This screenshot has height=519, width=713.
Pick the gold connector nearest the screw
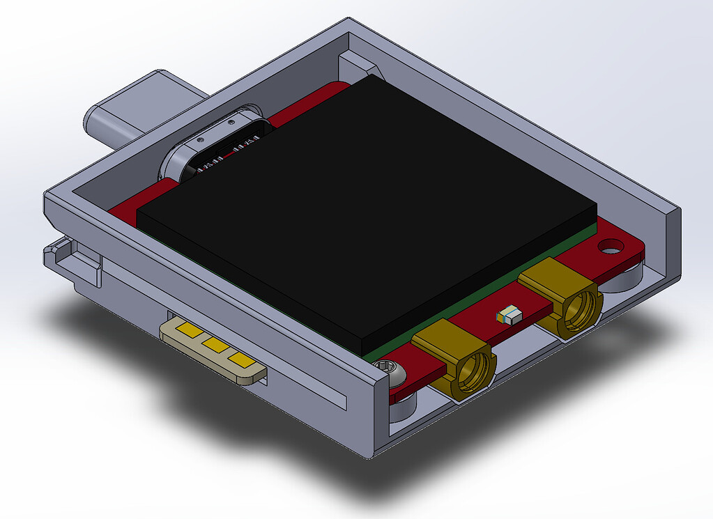(457, 359)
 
